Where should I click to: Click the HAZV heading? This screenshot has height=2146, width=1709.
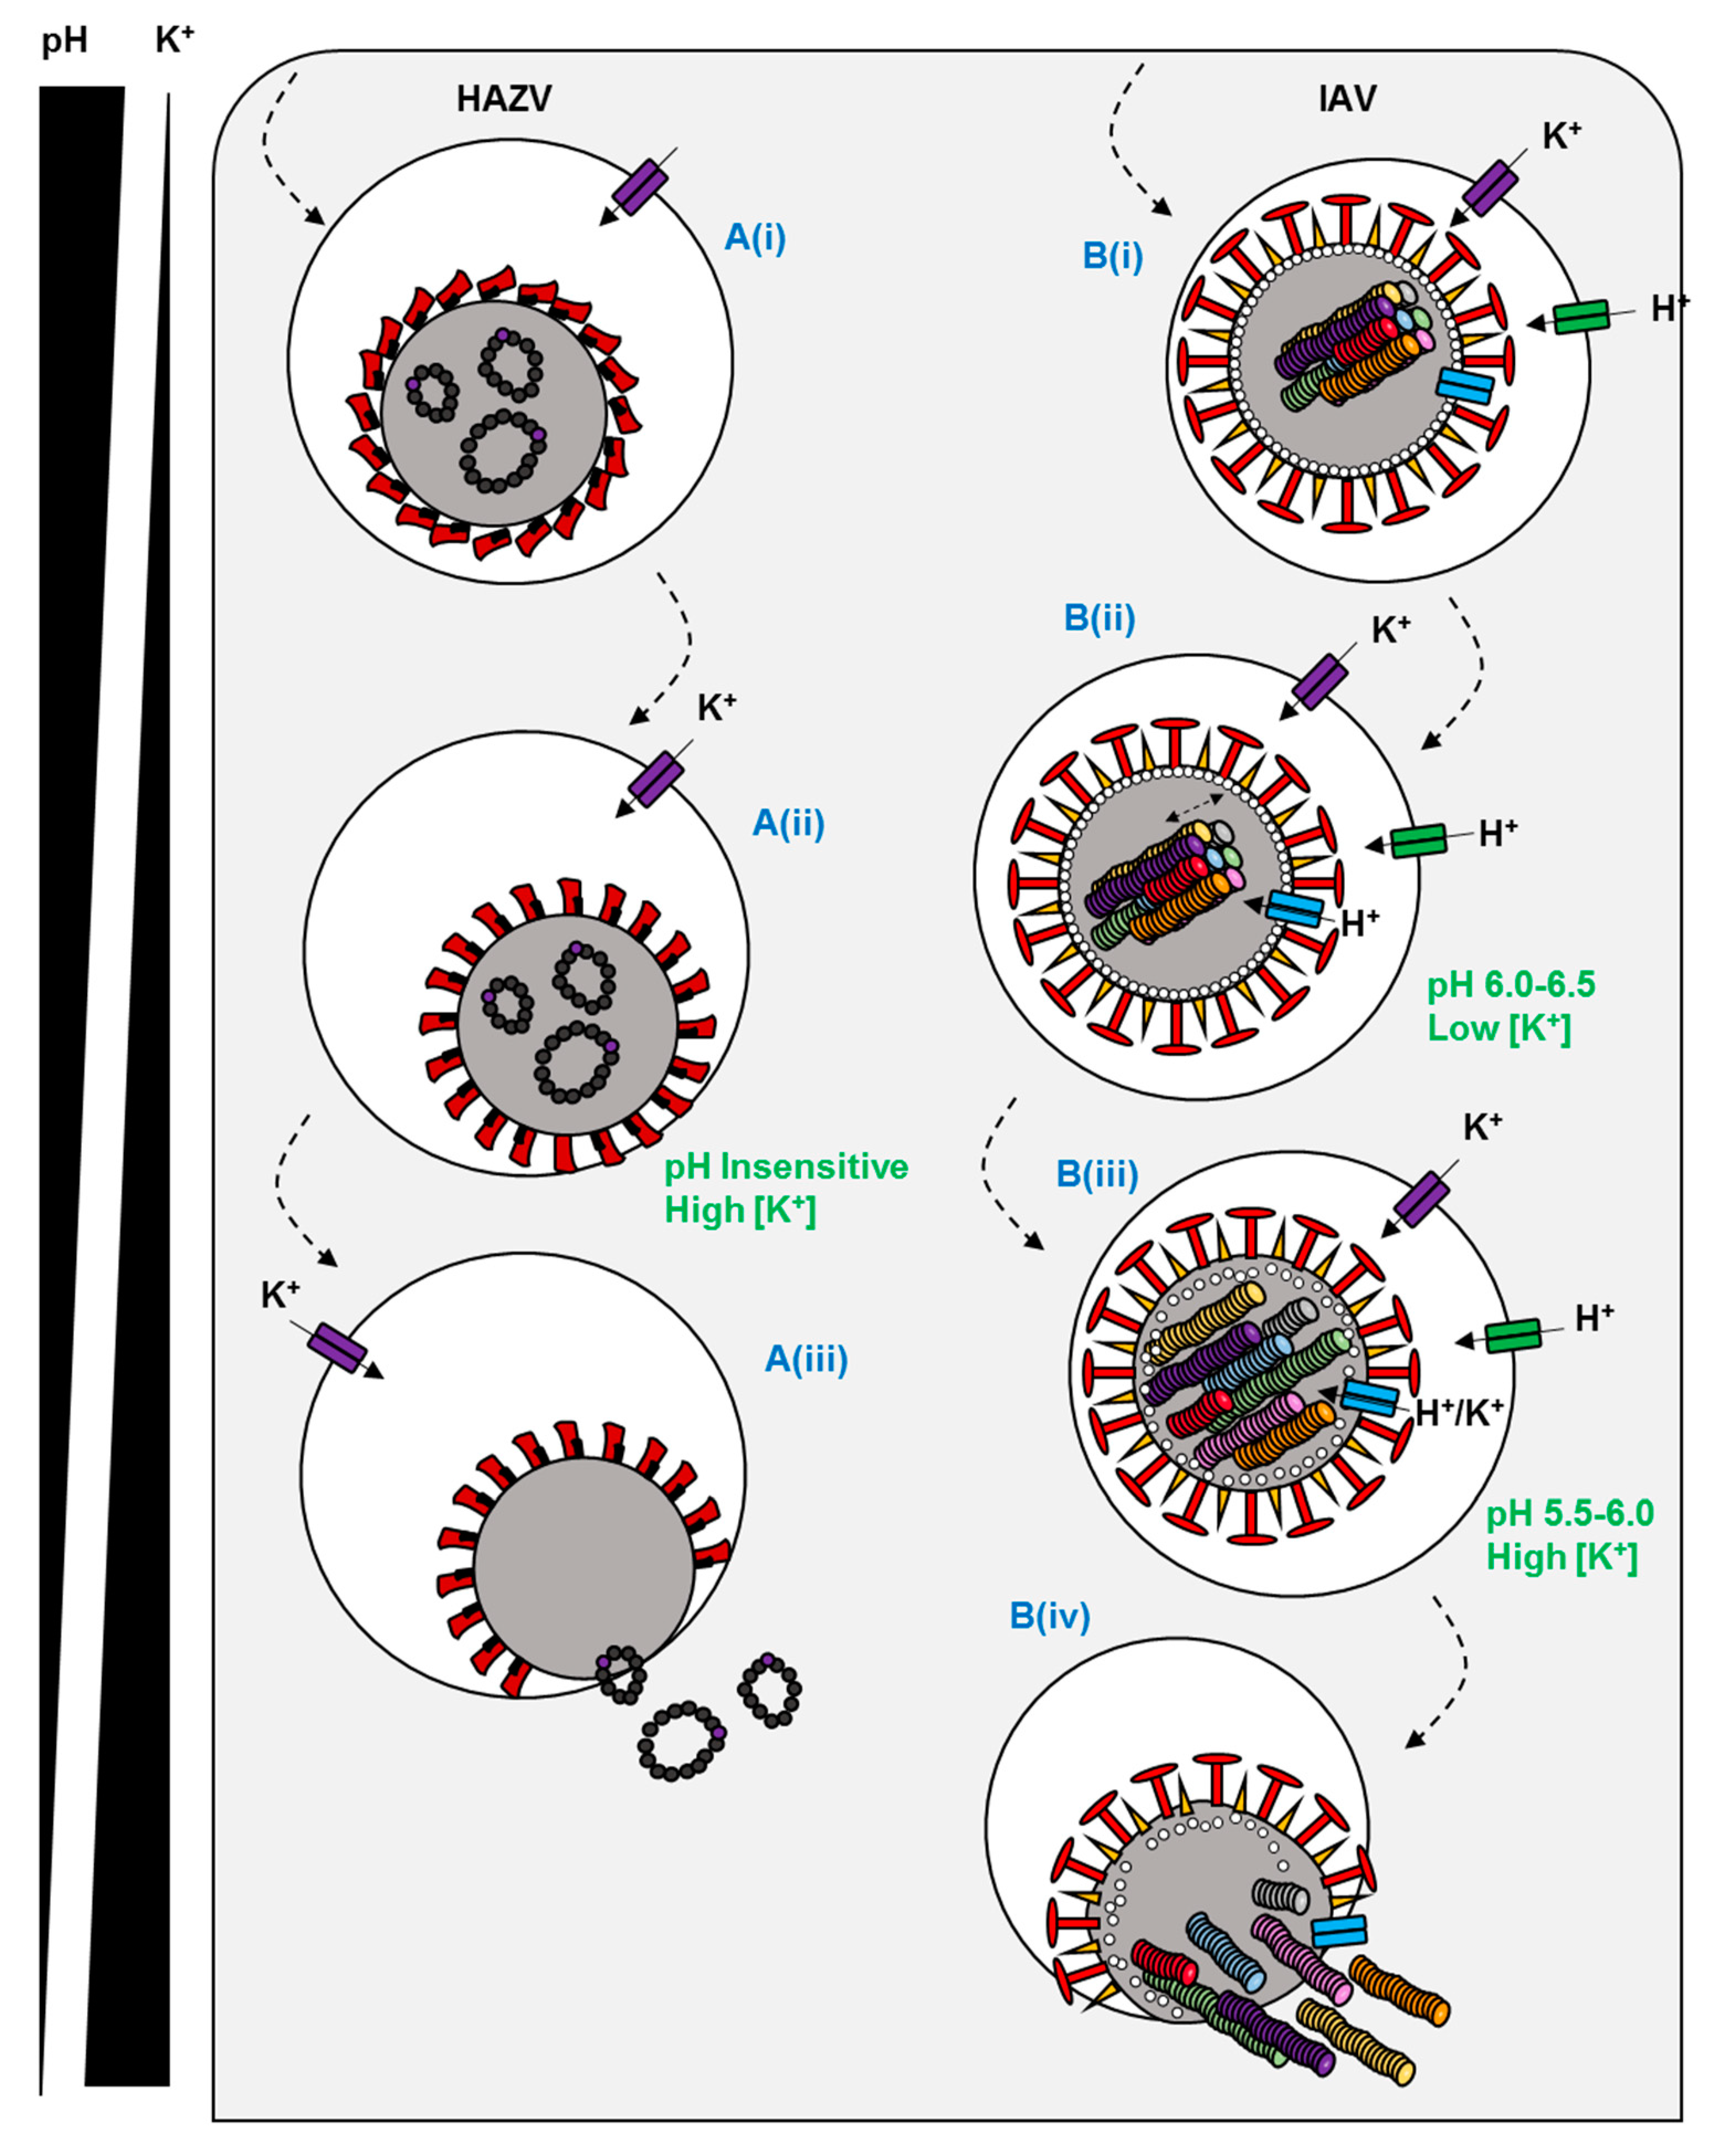pos(504,98)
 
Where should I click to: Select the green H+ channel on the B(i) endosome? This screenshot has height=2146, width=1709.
pos(1581,317)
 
